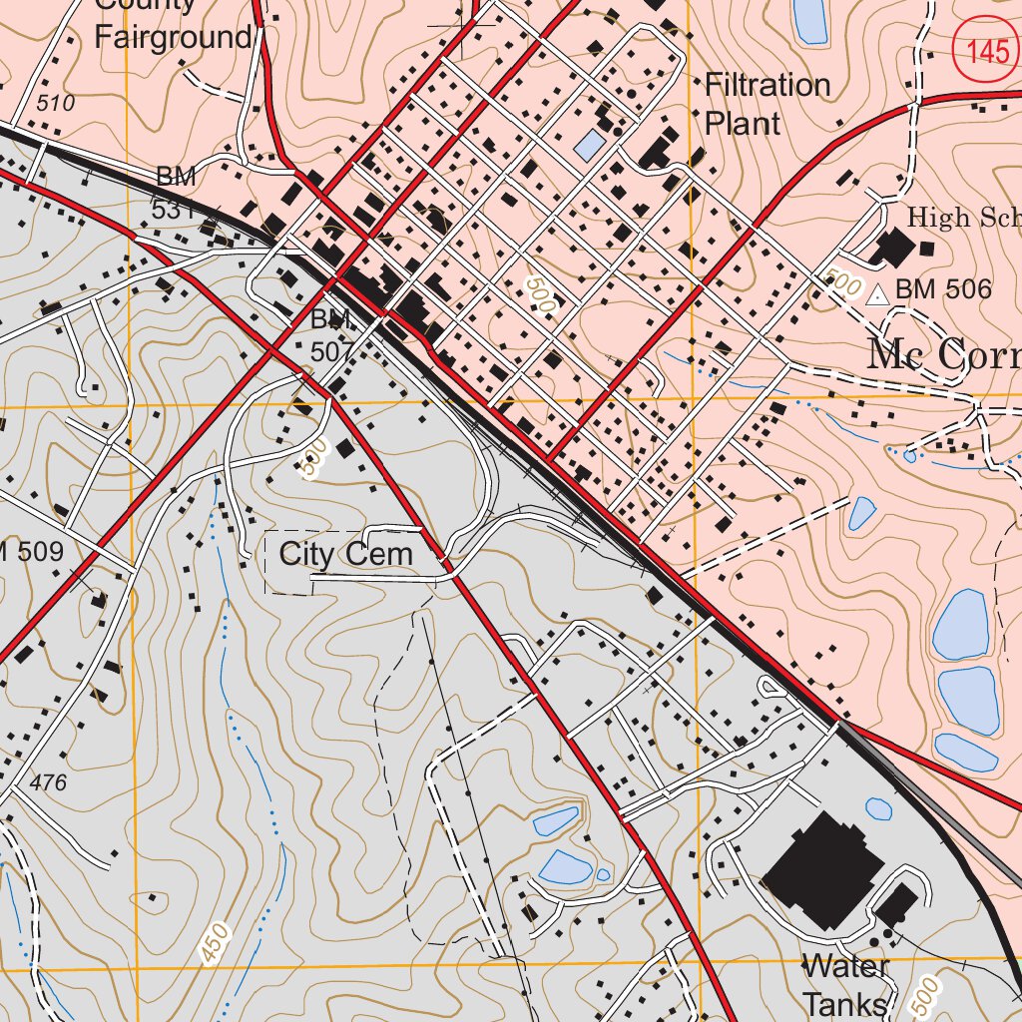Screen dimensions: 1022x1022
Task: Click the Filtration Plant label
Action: [766, 104]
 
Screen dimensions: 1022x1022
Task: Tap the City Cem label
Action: [345, 555]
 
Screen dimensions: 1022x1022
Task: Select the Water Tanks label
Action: [844, 985]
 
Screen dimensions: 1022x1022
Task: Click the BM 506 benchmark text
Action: [943, 290]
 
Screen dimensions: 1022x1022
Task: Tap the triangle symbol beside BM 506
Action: [877, 295]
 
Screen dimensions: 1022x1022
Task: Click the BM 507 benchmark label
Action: [331, 335]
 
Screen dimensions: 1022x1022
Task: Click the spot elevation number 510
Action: [55, 103]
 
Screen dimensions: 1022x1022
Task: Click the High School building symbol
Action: [892, 248]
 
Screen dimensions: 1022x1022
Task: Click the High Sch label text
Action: [963, 218]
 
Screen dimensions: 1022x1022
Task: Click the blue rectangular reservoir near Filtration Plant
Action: [589, 147]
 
